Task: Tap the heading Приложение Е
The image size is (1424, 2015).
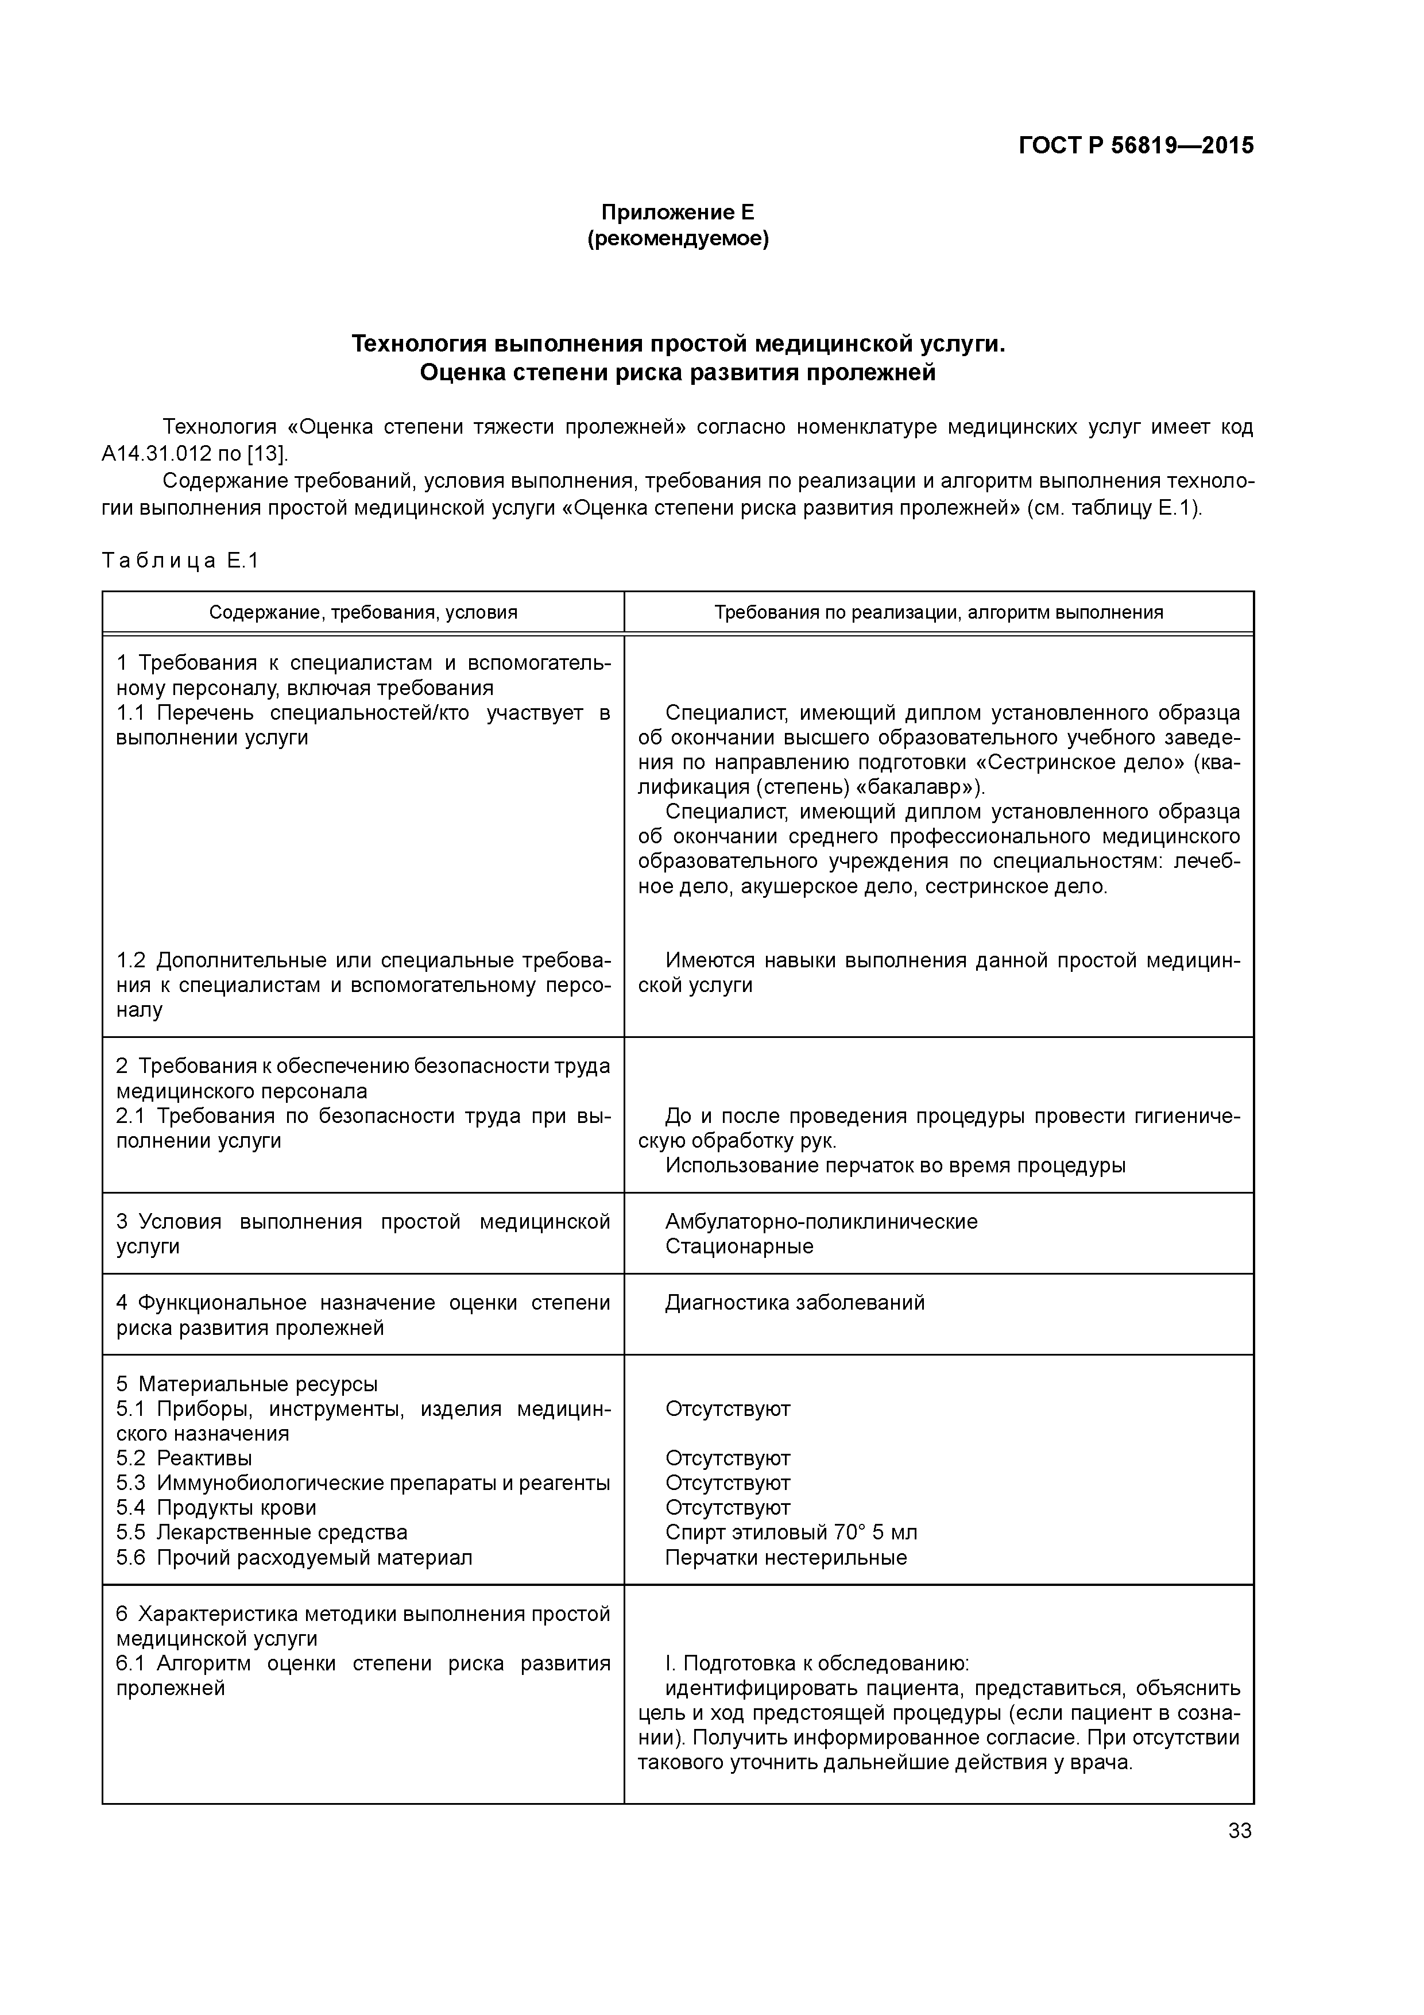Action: (x=678, y=213)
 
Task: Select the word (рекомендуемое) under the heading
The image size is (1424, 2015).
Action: (x=678, y=239)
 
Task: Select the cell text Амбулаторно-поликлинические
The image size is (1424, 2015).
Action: (x=821, y=1222)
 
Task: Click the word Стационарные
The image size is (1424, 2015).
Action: (x=739, y=1246)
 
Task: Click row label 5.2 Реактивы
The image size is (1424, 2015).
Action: (x=184, y=1458)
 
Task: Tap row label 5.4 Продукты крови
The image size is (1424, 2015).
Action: (x=216, y=1508)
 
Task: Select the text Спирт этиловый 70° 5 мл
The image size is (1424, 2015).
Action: (x=791, y=1533)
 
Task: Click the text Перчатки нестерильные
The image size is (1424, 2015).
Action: (x=786, y=1558)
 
